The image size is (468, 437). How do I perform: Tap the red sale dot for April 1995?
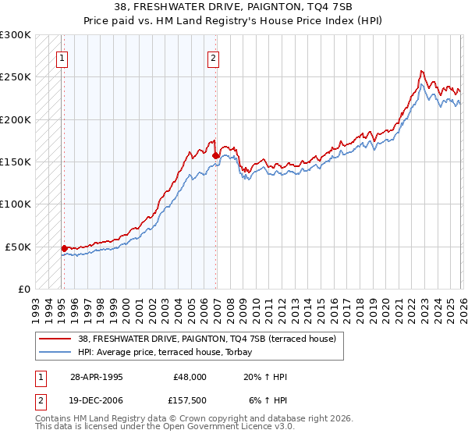coord(64,248)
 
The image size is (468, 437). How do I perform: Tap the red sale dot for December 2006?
coord(215,155)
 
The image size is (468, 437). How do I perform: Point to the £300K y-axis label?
coord(15,35)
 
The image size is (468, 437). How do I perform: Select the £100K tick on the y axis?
coord(15,204)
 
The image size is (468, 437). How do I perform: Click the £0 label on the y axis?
coord(23,289)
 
